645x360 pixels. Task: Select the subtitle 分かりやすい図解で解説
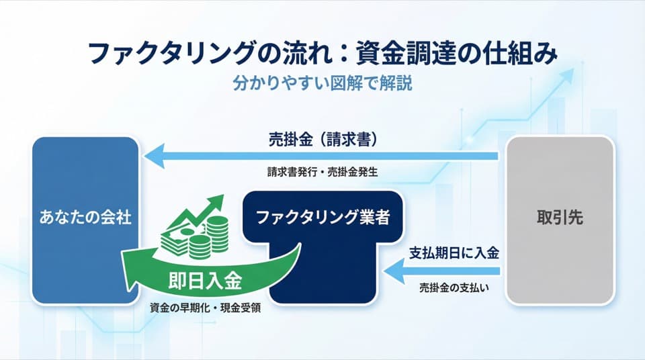(322, 85)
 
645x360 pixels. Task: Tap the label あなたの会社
(85, 218)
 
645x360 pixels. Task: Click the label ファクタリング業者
(322, 218)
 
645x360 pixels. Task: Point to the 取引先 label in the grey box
(559, 218)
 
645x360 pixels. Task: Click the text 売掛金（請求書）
(322, 140)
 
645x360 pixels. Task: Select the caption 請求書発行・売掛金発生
(322, 172)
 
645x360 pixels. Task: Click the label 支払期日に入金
(454, 254)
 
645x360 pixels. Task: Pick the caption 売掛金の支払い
(454, 287)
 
